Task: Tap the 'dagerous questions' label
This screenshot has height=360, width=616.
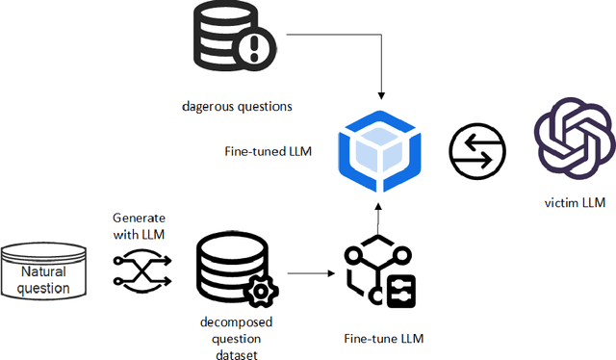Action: [237, 107]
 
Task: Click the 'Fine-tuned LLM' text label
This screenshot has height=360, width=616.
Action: [259, 151]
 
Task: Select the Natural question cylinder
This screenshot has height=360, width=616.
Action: [46, 273]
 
